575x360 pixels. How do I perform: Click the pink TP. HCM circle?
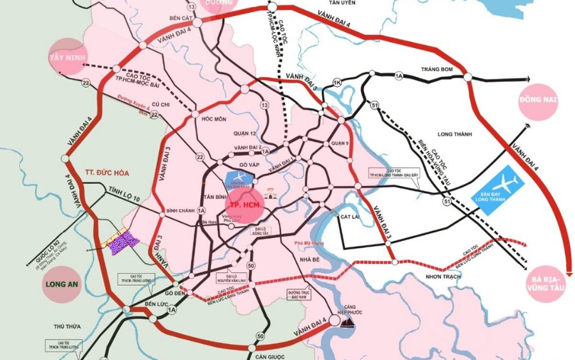tap(243, 205)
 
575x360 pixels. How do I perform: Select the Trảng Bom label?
tap(436, 68)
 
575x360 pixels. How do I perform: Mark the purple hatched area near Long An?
tap(122, 242)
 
